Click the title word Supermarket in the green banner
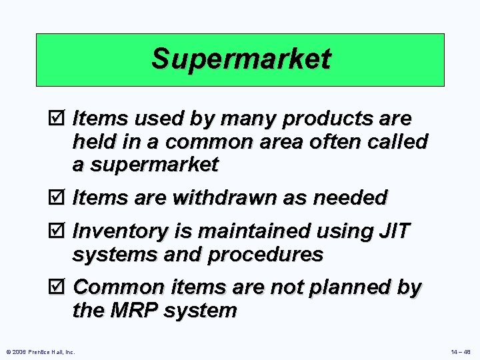[x=240, y=59]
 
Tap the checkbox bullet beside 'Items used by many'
[x=61, y=119]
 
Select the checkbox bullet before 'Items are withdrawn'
[x=61, y=198]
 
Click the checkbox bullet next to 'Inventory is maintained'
[x=61, y=231]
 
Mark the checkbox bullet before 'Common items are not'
[x=61, y=287]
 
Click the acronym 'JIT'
[x=393, y=231]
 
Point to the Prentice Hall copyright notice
[x=41, y=351]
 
